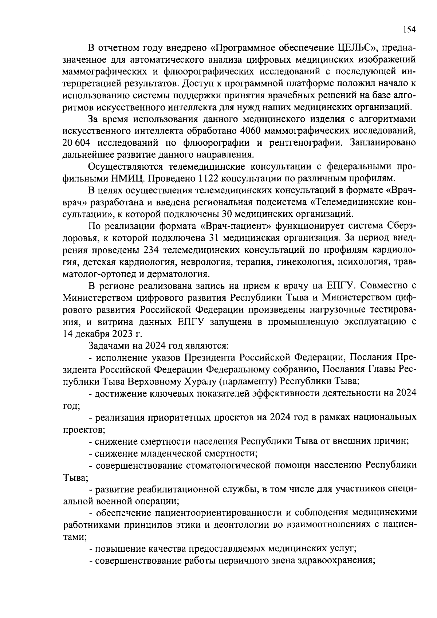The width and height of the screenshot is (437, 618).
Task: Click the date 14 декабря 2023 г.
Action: pyautogui.click(x=102, y=334)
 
